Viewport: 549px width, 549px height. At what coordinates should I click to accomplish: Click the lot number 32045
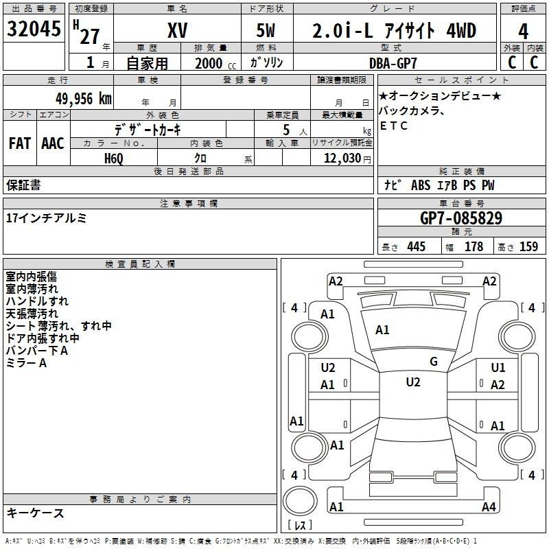[34, 29]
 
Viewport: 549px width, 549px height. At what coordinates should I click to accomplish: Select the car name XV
[178, 30]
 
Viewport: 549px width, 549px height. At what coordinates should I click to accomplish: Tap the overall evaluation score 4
[523, 32]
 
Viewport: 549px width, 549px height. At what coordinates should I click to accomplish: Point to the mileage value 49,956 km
[84, 99]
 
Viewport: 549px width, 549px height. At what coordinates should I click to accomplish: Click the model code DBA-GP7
[393, 63]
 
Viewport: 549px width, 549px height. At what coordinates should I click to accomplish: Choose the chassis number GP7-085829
[461, 218]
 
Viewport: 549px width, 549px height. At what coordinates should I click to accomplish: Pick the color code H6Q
[114, 159]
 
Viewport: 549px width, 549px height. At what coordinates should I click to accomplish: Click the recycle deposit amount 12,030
[342, 158]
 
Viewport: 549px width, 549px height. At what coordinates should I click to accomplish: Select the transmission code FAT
[20, 143]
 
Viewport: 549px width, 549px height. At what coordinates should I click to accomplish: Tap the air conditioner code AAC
[53, 143]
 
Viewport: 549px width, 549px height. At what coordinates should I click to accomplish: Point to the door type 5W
[266, 30]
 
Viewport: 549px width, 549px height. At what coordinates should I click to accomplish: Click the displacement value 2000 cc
[215, 63]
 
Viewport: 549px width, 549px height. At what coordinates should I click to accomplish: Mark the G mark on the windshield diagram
[434, 362]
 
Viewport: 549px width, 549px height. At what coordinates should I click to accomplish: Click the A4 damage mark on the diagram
[489, 506]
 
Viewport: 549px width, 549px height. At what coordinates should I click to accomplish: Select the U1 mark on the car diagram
[498, 368]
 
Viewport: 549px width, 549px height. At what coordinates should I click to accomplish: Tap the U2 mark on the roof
[413, 382]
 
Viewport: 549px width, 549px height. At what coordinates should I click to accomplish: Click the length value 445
[417, 246]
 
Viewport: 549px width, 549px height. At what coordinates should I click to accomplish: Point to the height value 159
[528, 246]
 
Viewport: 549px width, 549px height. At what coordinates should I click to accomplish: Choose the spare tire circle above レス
[300, 501]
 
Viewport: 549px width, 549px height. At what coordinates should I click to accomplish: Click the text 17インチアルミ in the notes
[46, 218]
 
